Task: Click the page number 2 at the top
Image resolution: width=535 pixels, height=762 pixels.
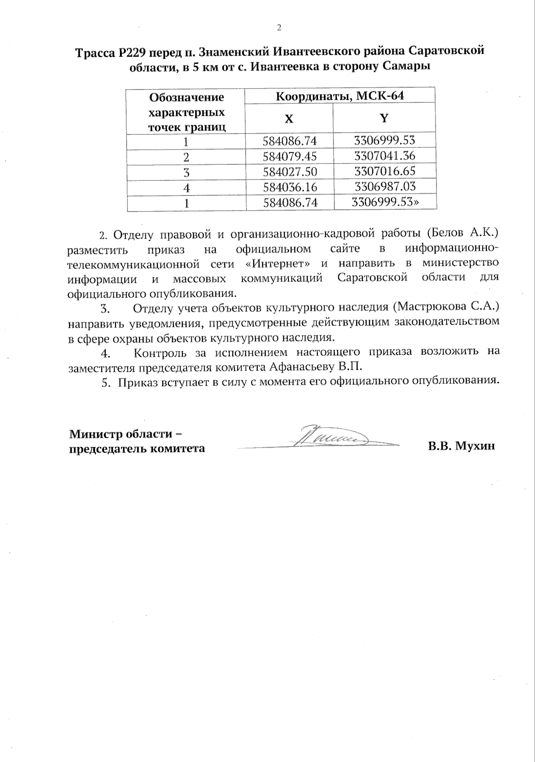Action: coord(279,28)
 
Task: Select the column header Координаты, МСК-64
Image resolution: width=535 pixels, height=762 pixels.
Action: coord(340,95)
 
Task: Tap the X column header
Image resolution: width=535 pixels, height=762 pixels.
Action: coord(289,118)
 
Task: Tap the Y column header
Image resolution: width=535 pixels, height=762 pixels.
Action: coord(384,118)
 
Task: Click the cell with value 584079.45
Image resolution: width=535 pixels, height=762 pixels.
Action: coord(290,156)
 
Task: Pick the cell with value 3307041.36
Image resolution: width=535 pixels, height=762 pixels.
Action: coord(384,156)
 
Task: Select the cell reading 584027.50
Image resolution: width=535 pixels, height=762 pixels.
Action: coord(290,172)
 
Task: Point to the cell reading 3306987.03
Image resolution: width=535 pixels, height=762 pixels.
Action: coord(384,187)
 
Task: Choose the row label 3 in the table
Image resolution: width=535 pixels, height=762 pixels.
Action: coord(186,172)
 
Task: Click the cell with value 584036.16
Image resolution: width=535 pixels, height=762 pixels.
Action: coord(290,187)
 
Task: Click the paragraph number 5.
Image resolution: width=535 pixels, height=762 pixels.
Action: coord(106,382)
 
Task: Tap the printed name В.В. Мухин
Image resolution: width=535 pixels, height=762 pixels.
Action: coord(461,447)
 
